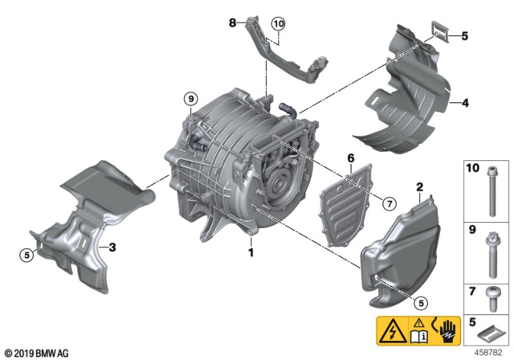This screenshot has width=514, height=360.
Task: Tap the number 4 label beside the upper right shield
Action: pyautogui.click(x=464, y=103)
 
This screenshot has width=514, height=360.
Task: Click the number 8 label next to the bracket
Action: pyautogui.click(x=234, y=24)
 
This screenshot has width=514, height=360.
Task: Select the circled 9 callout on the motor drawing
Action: pyautogui.click(x=190, y=100)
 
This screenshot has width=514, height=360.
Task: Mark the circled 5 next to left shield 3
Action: pyautogui.click(x=27, y=256)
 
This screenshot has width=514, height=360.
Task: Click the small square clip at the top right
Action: pyautogui.click(x=437, y=34)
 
